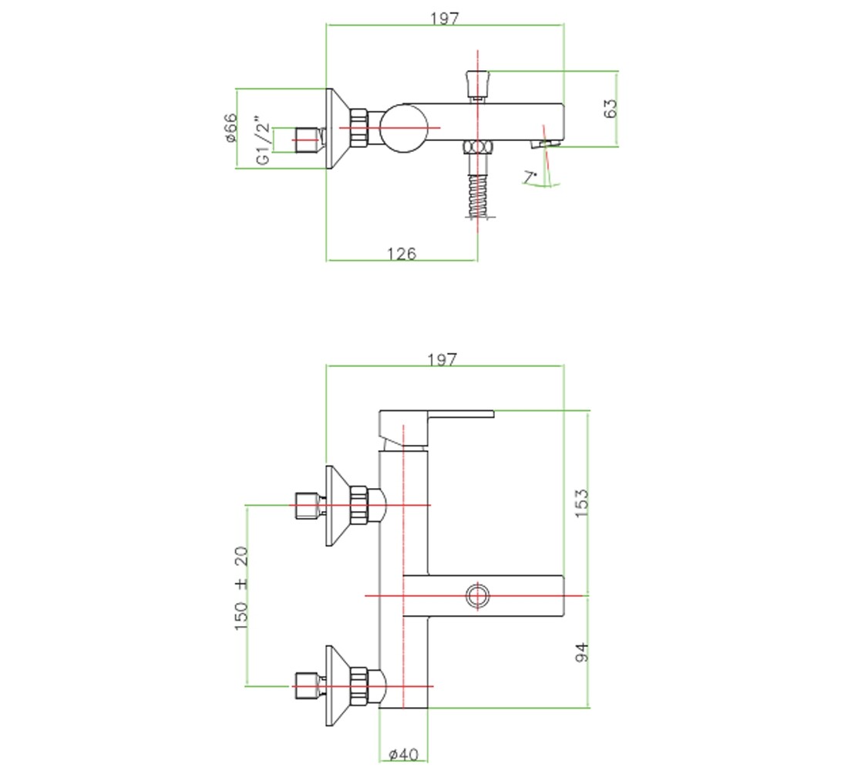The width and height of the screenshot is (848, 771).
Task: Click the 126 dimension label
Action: click(402, 253)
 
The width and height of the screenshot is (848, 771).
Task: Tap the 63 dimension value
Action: click(610, 108)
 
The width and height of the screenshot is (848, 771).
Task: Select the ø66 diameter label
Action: click(231, 127)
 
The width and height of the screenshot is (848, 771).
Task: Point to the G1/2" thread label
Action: click(263, 140)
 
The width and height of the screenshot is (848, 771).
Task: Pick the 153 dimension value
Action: click(581, 503)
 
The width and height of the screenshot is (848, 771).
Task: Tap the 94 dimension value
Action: click(581, 652)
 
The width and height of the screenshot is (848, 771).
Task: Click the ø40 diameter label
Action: click(403, 754)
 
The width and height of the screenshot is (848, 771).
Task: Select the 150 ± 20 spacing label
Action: click(241, 588)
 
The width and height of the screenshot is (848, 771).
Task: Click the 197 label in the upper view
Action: click(445, 19)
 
